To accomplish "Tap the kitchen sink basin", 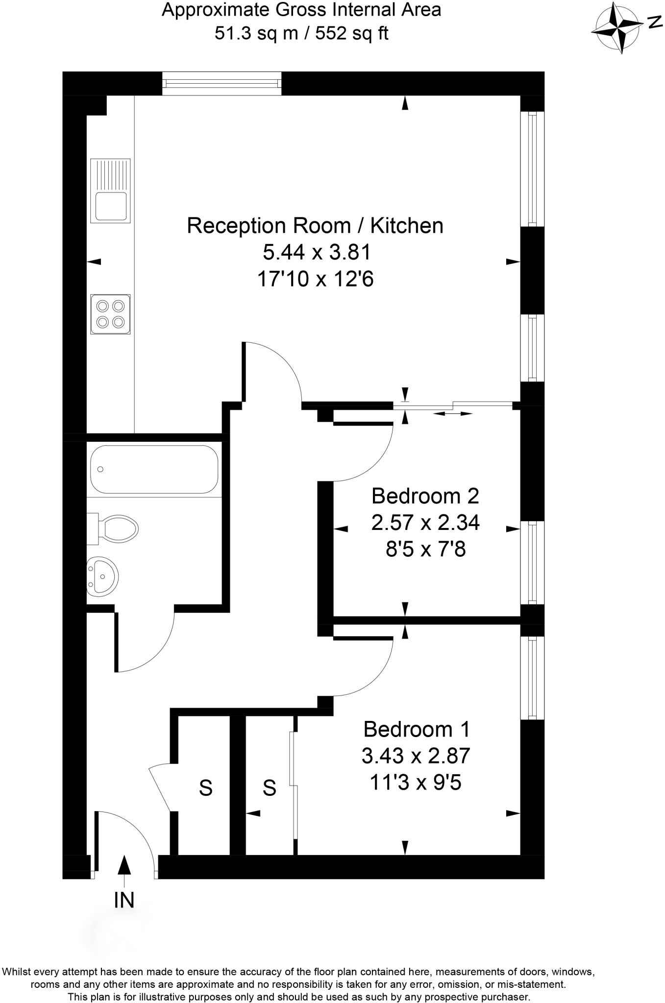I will pyautogui.click(x=111, y=206).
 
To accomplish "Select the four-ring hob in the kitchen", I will pyautogui.click(x=110, y=314).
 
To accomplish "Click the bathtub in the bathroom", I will pyautogui.click(x=153, y=469).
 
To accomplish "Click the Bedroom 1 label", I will pyautogui.click(x=417, y=729).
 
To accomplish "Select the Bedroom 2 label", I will pyautogui.click(x=425, y=496).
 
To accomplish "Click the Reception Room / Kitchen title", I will pyautogui.click(x=315, y=226).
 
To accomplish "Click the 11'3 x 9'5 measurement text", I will pyautogui.click(x=416, y=783).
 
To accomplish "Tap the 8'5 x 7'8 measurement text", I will pyautogui.click(x=425, y=549).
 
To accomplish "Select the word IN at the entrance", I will pyautogui.click(x=124, y=900).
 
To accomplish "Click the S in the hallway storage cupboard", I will pyautogui.click(x=206, y=788).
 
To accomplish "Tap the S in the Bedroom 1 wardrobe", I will pyautogui.click(x=270, y=788).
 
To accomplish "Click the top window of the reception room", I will pyautogui.click(x=222, y=83).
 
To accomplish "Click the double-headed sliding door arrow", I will pyautogui.click(x=452, y=414).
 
